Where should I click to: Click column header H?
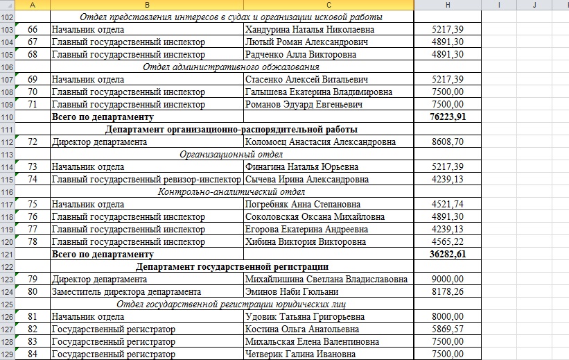pyautogui.click(x=448, y=5)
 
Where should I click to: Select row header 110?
pyautogui.click(x=8, y=117)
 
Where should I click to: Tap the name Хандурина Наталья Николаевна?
pyautogui.click(x=309, y=30)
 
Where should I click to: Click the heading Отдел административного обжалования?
pyautogui.click(x=231, y=67)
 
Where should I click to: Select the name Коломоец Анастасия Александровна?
pyautogui.click(x=321, y=142)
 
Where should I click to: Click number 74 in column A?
pyautogui.click(x=33, y=179)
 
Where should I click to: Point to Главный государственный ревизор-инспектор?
pyautogui.click(x=147, y=179)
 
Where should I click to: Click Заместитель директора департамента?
pyautogui.click(x=127, y=292)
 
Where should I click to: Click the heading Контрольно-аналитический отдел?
pyautogui.click(x=231, y=191)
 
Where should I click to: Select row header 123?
pyautogui.click(x=8, y=279)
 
